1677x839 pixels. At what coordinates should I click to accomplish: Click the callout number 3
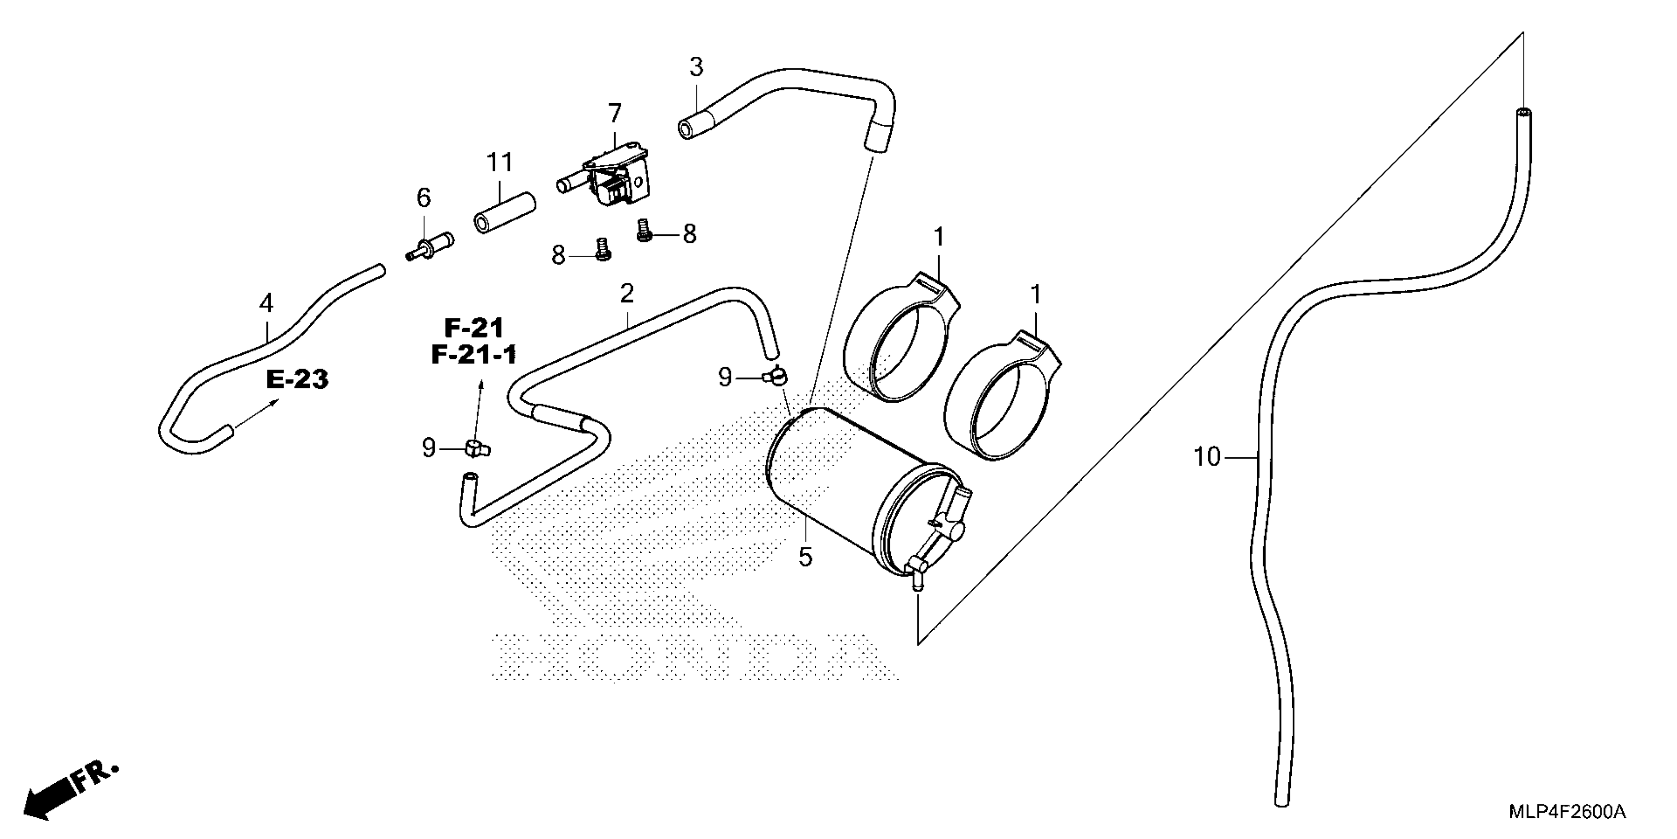696,67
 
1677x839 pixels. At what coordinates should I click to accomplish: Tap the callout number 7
615,114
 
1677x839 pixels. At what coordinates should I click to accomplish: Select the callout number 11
500,162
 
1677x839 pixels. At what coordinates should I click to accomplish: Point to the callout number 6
424,197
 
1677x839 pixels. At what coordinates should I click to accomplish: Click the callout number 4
266,303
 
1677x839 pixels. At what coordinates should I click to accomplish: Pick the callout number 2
627,294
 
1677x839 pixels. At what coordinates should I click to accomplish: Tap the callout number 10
1207,458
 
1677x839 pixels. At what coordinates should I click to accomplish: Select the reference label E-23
297,379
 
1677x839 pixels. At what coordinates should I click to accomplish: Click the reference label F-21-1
474,354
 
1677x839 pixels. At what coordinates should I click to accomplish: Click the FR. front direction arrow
69,790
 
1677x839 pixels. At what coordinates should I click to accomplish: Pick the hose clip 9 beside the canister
775,375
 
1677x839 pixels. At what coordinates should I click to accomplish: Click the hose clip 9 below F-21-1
477,448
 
